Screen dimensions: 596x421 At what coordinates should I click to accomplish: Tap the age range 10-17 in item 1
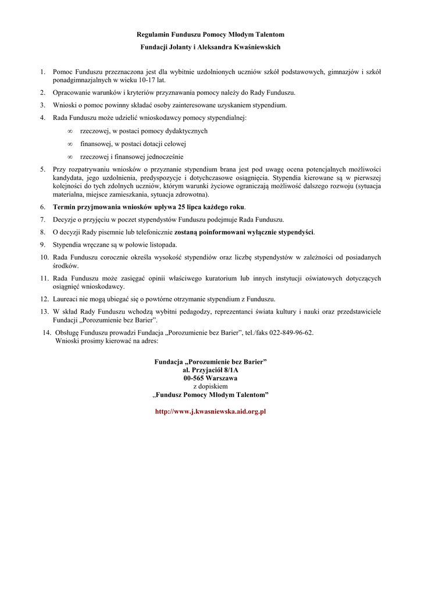coord(147,80)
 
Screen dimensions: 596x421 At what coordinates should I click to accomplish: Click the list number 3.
coord(42,105)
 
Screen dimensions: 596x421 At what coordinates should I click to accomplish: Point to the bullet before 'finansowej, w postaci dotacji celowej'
coord(70,144)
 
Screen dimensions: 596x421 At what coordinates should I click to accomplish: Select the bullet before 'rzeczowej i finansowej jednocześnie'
coord(70,157)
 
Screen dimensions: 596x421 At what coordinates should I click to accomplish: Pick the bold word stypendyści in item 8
coord(293,232)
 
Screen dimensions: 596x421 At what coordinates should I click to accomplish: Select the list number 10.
coord(44,257)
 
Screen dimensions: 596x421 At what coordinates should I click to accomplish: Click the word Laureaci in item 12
coord(65,299)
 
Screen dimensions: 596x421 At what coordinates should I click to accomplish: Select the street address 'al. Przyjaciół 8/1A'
coord(211,370)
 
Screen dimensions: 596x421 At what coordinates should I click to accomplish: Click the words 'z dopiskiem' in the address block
coord(211,386)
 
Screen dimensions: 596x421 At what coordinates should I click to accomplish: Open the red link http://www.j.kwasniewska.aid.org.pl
coord(211,411)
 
